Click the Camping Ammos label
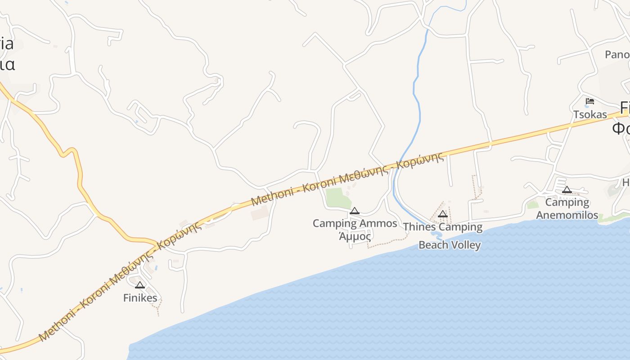click(355, 223)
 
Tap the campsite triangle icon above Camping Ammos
click(355, 211)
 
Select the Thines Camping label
click(443, 227)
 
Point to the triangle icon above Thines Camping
click(443, 214)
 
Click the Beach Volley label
click(450, 245)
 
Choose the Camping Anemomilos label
click(567, 208)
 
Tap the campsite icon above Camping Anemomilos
click(567, 190)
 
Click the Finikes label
click(140, 298)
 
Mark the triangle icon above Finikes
click(140, 285)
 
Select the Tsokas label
click(590, 115)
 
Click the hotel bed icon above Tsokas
click(590, 101)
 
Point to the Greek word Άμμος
click(355, 236)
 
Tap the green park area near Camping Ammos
click(337, 198)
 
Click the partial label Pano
click(617, 54)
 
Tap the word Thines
click(420, 227)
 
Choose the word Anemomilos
click(567, 215)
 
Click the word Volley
click(465, 245)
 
